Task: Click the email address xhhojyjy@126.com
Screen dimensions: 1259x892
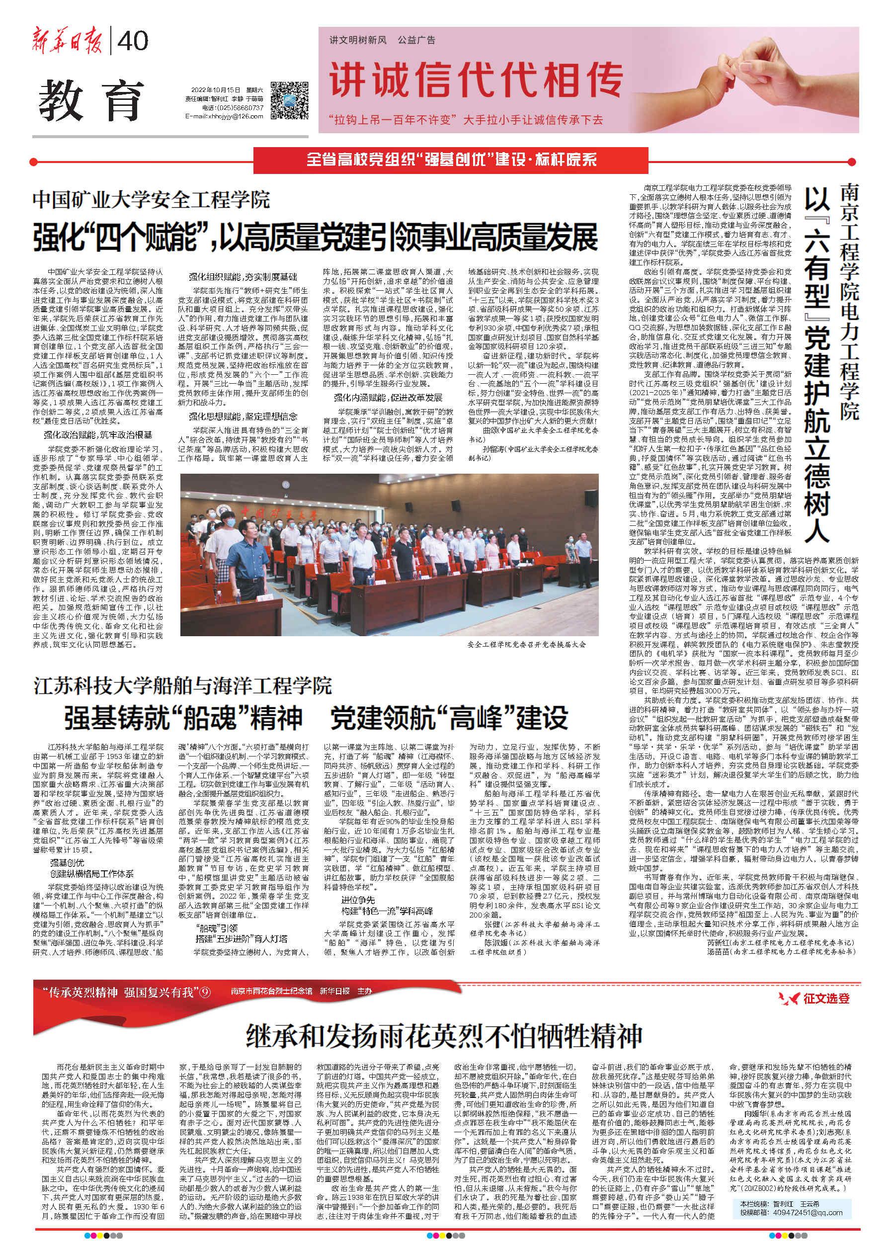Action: [x=225, y=116]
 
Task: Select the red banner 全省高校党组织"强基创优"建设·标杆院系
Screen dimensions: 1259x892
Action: [x=451, y=161]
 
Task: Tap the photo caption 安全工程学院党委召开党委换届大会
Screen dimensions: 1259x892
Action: [x=527, y=644]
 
